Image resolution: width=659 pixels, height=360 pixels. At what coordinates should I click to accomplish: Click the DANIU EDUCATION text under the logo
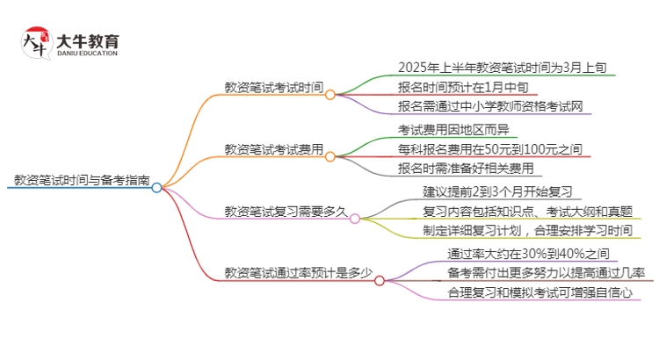coord(87,54)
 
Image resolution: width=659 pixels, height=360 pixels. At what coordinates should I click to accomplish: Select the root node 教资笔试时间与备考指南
coord(81,179)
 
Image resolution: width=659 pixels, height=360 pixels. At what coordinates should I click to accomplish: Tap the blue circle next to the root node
coord(157,187)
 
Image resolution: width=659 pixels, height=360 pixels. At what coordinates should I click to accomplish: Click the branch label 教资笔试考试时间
coord(273,88)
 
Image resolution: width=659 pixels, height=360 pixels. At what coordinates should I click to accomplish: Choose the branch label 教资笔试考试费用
coord(273,149)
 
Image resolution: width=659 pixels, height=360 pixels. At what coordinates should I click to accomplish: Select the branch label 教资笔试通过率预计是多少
coord(298,273)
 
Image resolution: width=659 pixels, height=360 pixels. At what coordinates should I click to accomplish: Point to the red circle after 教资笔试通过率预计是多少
coord(380,281)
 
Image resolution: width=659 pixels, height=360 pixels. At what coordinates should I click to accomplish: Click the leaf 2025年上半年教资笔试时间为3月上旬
coord(489,67)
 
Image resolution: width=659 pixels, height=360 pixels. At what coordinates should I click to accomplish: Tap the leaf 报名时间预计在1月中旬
coord(463,87)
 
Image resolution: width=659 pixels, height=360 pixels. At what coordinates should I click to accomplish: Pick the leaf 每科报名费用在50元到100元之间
coord(489,149)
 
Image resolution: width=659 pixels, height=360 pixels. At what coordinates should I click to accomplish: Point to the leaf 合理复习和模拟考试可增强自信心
coord(540,293)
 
